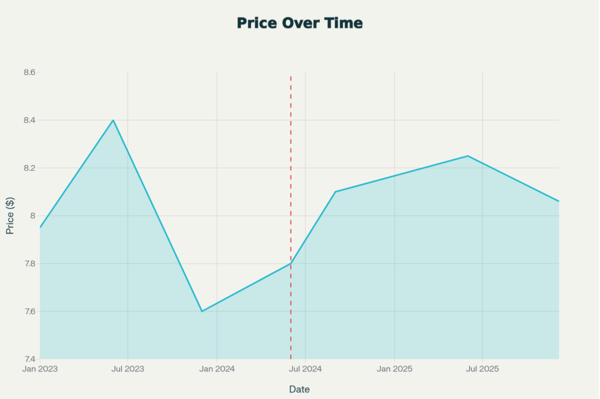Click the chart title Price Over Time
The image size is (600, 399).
pyautogui.click(x=300, y=23)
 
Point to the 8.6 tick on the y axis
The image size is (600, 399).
pyautogui.click(x=29, y=72)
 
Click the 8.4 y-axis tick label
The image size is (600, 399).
pyautogui.click(x=29, y=120)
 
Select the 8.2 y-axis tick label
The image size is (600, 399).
pyautogui.click(x=29, y=168)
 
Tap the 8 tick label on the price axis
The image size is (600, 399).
pyautogui.click(x=33, y=216)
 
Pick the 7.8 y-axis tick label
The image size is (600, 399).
pyautogui.click(x=29, y=263)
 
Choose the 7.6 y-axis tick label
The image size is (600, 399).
pyautogui.click(x=29, y=311)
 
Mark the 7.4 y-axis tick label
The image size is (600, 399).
pyautogui.click(x=29, y=359)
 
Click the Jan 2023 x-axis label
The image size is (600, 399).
pyautogui.click(x=39, y=369)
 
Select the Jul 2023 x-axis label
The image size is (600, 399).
pyautogui.click(x=128, y=369)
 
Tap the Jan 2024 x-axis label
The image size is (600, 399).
pyautogui.click(x=217, y=369)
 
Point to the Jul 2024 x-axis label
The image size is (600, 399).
pyautogui.click(x=305, y=369)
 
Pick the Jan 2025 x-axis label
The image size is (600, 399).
pyautogui.click(x=395, y=369)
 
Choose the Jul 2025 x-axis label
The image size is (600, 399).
pyautogui.click(x=483, y=369)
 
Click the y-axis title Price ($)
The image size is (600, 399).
pyautogui.click(x=10, y=216)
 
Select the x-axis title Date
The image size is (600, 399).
pyautogui.click(x=300, y=389)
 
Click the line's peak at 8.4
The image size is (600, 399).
pyautogui.click(x=113, y=120)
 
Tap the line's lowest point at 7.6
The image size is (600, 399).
pyautogui.click(x=202, y=311)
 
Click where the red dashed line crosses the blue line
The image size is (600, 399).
pyautogui.click(x=291, y=263)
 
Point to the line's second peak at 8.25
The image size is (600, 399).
pyautogui.click(x=468, y=156)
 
